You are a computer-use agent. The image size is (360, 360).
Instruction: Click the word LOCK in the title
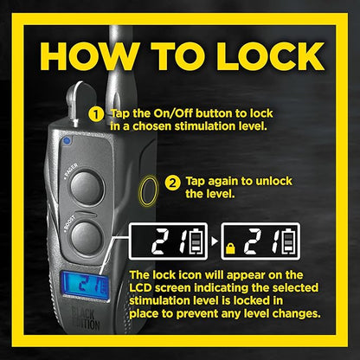click(270, 56)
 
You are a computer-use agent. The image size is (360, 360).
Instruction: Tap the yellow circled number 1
click(96, 115)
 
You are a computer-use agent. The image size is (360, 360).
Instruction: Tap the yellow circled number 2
click(172, 183)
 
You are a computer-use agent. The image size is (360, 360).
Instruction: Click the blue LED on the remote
click(67, 141)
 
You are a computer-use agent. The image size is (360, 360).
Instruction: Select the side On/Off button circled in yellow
click(149, 191)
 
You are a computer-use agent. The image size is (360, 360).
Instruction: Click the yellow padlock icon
click(230, 248)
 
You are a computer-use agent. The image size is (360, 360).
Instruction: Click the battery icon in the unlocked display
click(196, 241)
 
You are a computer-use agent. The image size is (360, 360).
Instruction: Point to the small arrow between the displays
click(214, 241)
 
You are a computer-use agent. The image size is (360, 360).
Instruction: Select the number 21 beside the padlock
click(261, 241)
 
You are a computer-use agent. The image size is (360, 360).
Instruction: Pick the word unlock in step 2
click(273, 181)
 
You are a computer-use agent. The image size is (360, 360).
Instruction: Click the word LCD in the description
click(141, 288)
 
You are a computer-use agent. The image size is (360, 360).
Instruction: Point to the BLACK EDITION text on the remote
click(86, 318)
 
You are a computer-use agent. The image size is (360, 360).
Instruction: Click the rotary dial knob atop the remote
click(80, 100)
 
